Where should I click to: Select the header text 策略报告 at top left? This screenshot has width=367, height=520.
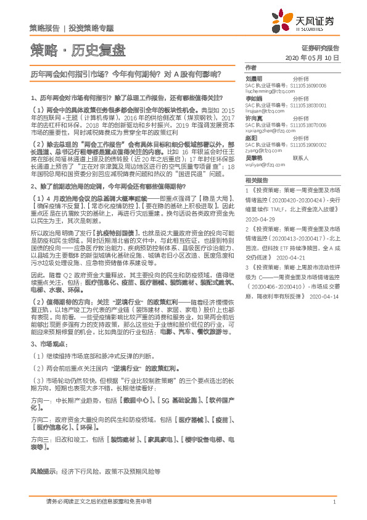[x=44, y=28]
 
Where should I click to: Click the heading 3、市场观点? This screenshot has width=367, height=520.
[x=50, y=343]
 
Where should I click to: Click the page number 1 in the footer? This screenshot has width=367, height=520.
[x=334, y=501]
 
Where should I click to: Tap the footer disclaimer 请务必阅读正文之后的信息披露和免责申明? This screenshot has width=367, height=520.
[x=99, y=501]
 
